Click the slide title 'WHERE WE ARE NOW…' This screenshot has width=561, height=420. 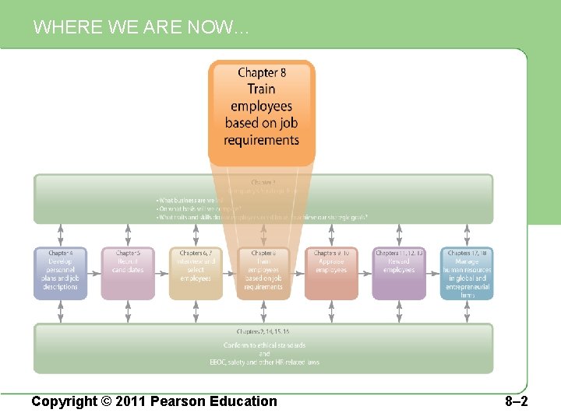click(x=141, y=28)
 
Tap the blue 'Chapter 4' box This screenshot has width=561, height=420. click(x=61, y=272)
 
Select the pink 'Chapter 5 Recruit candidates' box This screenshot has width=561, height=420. click(x=128, y=272)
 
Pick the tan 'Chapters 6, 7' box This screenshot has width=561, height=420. click(x=196, y=272)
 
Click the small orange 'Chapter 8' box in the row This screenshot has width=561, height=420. click(x=263, y=272)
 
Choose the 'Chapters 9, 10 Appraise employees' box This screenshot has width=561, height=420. click(x=331, y=272)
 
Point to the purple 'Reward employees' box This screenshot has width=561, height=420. click(x=399, y=272)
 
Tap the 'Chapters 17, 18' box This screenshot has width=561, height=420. click(x=467, y=272)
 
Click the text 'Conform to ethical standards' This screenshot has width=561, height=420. click(x=264, y=345)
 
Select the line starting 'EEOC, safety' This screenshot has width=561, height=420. click(x=264, y=362)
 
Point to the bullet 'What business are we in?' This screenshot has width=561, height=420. click(x=190, y=201)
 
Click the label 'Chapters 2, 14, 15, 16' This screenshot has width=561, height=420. click(x=264, y=332)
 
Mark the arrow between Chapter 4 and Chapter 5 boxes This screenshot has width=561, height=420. click(x=94, y=273)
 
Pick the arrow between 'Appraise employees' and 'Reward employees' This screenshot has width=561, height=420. click(x=365, y=273)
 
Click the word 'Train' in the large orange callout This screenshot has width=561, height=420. click(x=262, y=89)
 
